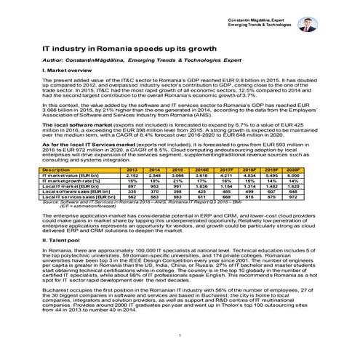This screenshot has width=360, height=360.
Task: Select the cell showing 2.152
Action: point(132,175)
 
